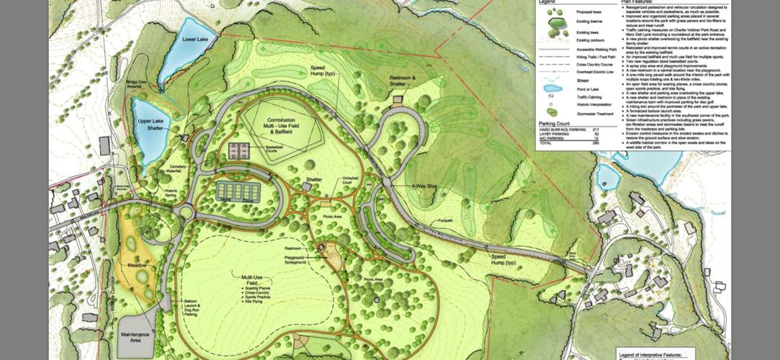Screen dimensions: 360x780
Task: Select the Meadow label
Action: point(138,266)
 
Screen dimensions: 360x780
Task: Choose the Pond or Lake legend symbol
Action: point(552,89)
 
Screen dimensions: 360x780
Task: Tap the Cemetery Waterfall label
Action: point(178,168)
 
